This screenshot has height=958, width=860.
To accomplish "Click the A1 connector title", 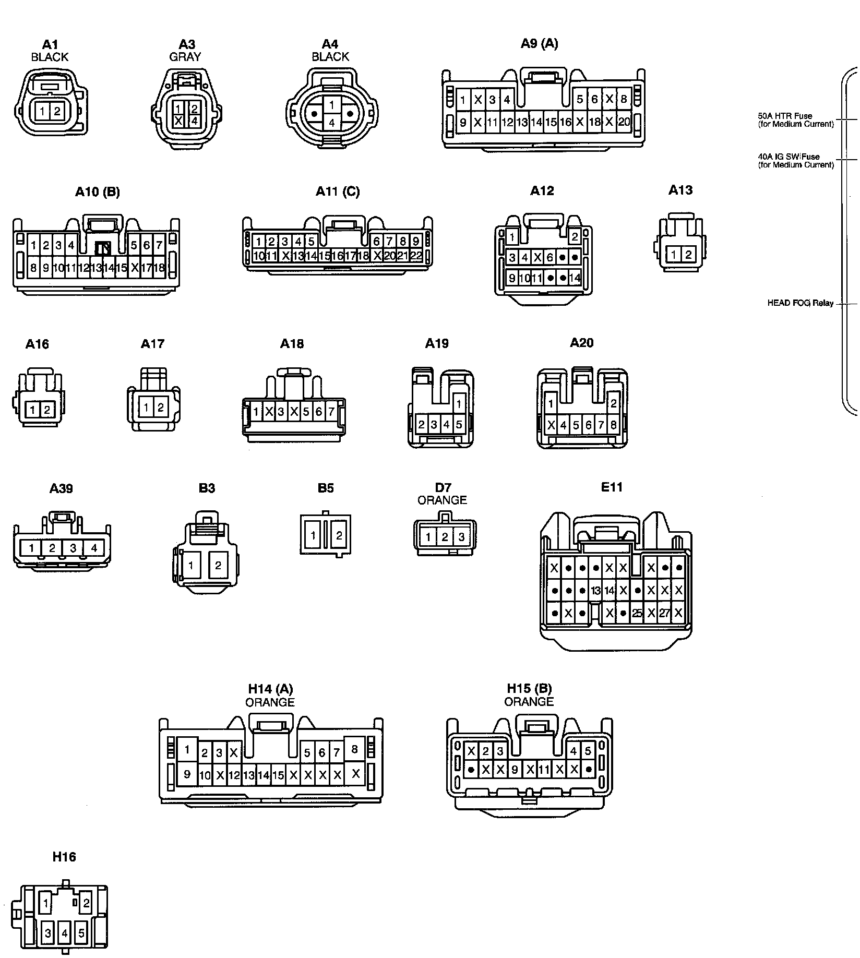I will tap(50, 45).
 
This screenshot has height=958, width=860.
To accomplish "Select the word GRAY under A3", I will tap(185, 57).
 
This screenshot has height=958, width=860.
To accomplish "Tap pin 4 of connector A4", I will tap(331, 123).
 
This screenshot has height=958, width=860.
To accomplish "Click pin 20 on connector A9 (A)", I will tap(624, 122).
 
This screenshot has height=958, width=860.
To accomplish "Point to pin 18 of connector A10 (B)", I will tap(159, 268).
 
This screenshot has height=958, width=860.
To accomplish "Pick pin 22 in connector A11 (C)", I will tap(416, 256).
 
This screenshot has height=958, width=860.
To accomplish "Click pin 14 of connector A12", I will tap(575, 278).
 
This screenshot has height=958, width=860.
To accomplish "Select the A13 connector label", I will tap(680, 190).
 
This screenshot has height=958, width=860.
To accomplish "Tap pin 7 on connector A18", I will tap(331, 412).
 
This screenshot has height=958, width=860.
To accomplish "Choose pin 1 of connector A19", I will tap(459, 403).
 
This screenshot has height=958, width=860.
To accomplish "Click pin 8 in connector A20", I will tap(613, 425).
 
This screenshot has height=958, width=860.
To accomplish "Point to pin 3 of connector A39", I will tap(73, 548).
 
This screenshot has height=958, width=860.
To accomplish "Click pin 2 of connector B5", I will tap(339, 535).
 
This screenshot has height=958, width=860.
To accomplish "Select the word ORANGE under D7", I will tap(442, 500).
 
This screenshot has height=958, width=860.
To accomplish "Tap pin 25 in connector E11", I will tap(637, 614).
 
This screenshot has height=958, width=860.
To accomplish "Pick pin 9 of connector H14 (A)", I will tap(187, 774).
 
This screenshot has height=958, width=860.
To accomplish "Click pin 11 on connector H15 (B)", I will tap(544, 769).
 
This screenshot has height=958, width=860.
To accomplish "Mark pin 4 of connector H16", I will tap(65, 932).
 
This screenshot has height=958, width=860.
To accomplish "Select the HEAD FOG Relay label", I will tap(800, 303).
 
